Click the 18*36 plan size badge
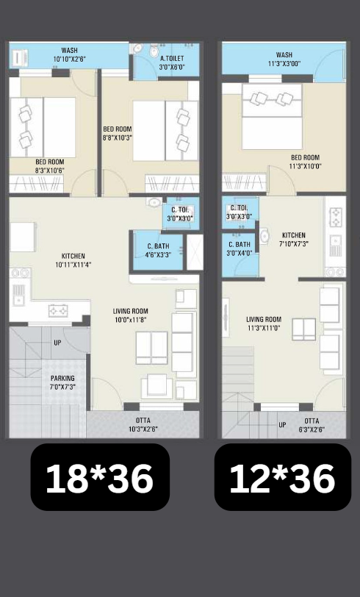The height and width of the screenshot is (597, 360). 100,477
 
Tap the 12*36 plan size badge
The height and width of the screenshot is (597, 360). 283,477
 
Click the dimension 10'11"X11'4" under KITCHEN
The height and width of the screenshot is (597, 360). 73,264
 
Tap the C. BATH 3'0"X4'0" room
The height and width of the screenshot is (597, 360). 240,255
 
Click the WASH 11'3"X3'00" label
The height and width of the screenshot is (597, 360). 284,60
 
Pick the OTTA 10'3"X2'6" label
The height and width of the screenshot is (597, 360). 143,424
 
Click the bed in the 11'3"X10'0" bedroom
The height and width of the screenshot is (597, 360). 272,116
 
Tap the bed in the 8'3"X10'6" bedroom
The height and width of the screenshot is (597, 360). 43,127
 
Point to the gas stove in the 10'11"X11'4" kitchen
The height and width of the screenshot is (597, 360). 58,311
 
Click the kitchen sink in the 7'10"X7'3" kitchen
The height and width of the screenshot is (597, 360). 335,246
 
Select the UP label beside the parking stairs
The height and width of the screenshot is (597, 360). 57,343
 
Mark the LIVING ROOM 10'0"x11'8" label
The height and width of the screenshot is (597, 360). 131,315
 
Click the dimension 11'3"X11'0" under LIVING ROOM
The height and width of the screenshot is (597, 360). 264,327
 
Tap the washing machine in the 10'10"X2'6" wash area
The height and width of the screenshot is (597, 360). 19,58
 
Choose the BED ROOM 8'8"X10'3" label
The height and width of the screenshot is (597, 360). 118,133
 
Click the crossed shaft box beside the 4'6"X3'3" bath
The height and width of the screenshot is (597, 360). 195,252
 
